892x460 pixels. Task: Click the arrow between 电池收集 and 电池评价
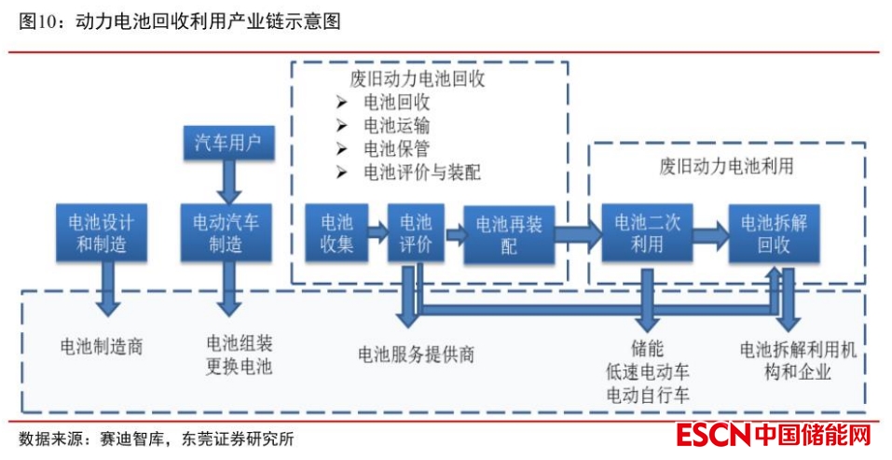click(377, 229)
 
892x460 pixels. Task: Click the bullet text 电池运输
click(396, 126)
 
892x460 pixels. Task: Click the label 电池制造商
click(102, 347)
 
